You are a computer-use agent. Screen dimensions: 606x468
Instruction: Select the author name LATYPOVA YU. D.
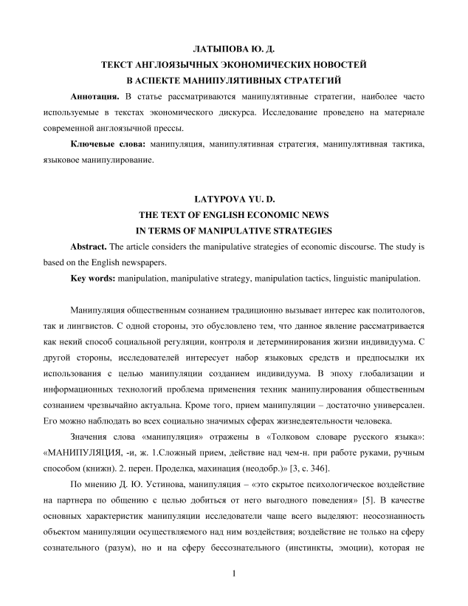pos(233,200)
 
